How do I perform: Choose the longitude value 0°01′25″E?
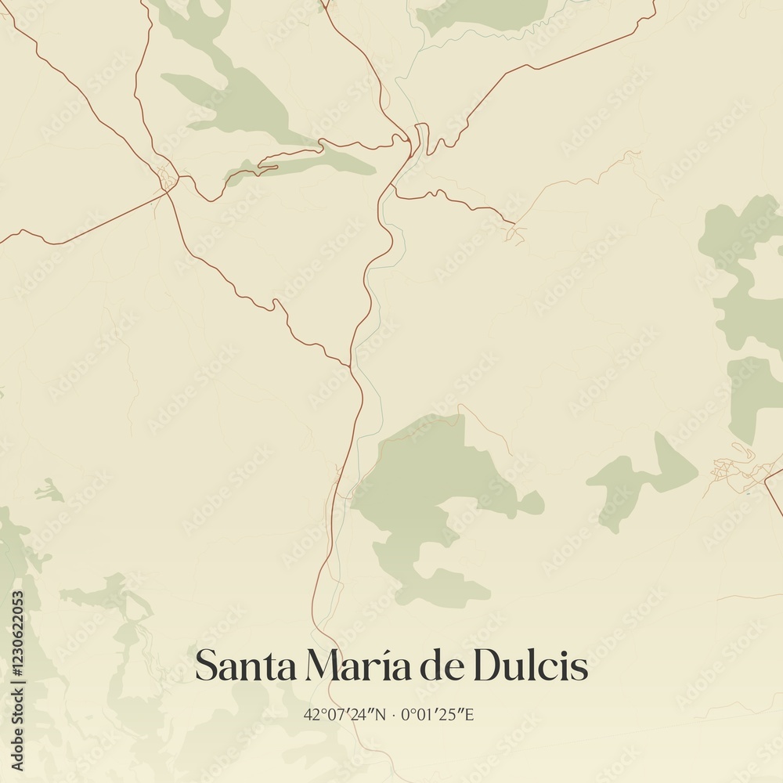point(436,714)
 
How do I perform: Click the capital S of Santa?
point(207,666)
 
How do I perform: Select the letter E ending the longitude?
point(468,714)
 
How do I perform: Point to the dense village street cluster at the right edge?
point(736,470)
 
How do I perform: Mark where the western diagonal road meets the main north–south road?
point(348,365)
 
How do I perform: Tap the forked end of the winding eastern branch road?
point(515,232)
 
